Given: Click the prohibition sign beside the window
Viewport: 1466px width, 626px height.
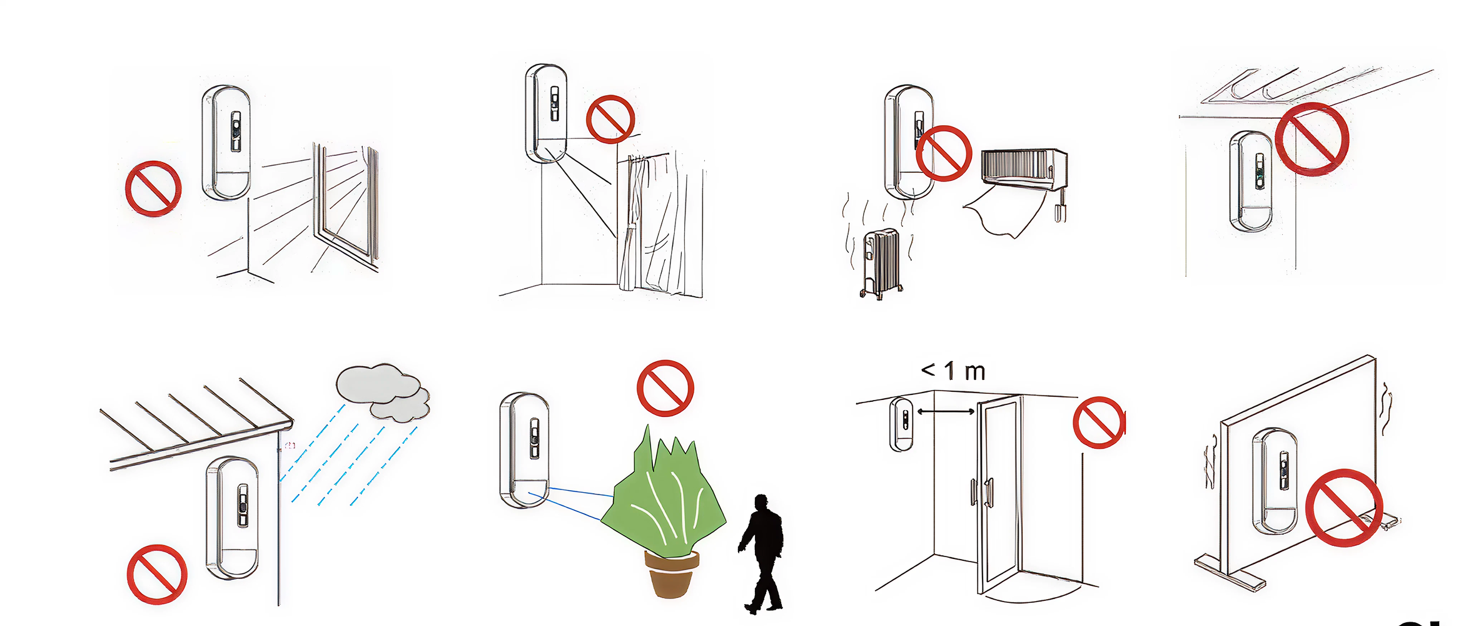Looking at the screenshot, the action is (x=153, y=188).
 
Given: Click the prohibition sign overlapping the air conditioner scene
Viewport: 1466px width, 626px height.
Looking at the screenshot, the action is (x=944, y=153).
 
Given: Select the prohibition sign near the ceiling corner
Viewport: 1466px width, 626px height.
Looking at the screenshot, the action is (x=1312, y=139).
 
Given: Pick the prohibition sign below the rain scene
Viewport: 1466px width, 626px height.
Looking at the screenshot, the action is (x=157, y=574).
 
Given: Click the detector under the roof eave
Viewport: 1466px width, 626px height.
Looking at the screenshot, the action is (x=232, y=518).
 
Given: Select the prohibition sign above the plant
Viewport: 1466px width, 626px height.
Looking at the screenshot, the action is (x=665, y=388).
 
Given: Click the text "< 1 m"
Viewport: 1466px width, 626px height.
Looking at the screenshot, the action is (x=953, y=371).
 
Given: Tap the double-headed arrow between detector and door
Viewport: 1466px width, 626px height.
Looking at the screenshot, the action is (x=946, y=411).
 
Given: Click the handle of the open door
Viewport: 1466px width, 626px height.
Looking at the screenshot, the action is (x=988, y=492).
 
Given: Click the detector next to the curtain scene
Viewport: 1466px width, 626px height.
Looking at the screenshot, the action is (x=546, y=113).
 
